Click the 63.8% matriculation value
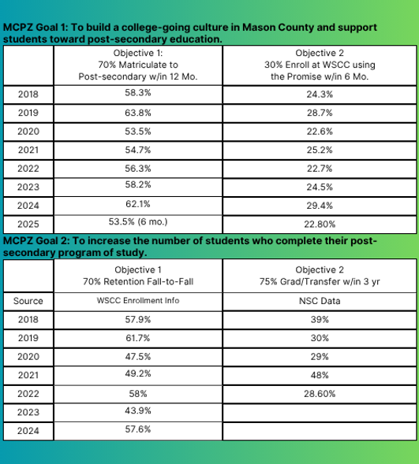click(138, 113)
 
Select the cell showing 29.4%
click(320, 206)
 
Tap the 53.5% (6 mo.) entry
click(138, 221)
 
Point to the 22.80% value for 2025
click(320, 224)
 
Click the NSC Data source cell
click(320, 301)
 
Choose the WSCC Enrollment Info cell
click(138, 300)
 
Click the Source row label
click(28, 301)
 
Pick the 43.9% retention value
click(138, 410)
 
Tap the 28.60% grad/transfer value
click(320, 394)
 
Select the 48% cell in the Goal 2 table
click(320, 375)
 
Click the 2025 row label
click(28, 224)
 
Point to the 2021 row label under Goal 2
click(28, 375)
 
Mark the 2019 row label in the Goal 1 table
click(28, 113)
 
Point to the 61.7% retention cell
click(138, 338)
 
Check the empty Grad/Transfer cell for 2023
click(320, 413)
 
